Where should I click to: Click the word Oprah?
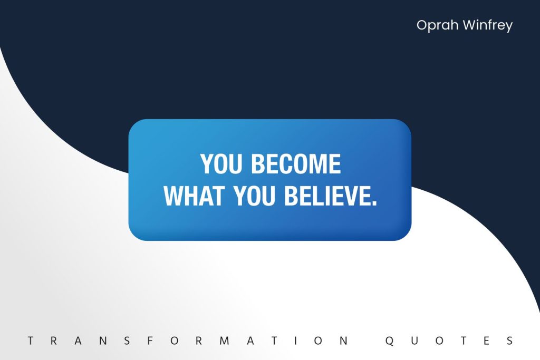pyautogui.click(x=437, y=25)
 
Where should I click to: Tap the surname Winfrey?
pyautogui.click(x=488, y=25)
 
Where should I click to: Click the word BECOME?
pyautogui.click(x=296, y=164)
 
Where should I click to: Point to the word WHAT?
pyautogui.click(x=194, y=196)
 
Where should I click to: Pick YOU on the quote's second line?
pyautogui.click(x=255, y=196)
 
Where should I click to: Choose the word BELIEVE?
pyautogui.click(x=327, y=196)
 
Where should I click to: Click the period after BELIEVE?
pyautogui.click(x=374, y=203)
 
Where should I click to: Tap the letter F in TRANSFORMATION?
pyautogui.click(x=150, y=340)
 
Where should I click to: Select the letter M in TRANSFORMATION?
pyautogui.click(x=225, y=340)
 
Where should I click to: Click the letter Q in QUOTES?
pyautogui.click(x=390, y=341)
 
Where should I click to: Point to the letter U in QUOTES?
pyautogui.click(x=414, y=340)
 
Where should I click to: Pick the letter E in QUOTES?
pyautogui.click(x=486, y=340)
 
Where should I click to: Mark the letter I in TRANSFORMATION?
pyautogui.click(x=295, y=340)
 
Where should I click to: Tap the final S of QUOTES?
pyautogui.click(x=510, y=340)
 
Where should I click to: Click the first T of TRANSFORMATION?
pyautogui.click(x=31, y=340)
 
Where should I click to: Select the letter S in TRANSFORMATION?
pyautogui.click(x=127, y=340)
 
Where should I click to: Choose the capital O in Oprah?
pyautogui.click(x=422, y=25)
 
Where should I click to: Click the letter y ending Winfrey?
pyautogui.click(x=509, y=27)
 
